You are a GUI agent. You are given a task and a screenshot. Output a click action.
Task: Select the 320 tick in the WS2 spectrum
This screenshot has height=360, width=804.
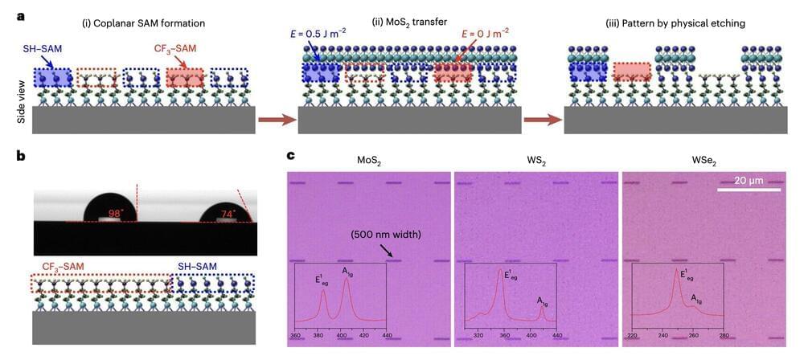tap(480, 334)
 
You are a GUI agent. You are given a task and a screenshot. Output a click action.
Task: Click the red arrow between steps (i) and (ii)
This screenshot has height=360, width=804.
tap(276, 122)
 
